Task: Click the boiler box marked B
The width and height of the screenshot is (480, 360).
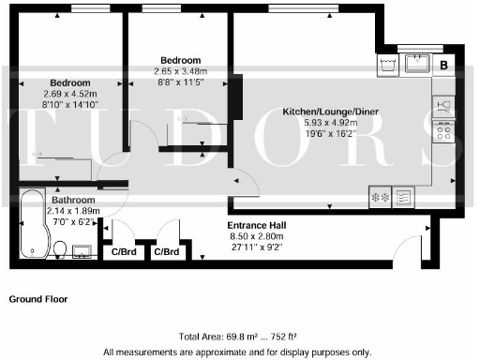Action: tap(444, 65)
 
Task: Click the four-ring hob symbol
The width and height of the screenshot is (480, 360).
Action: tap(443, 130)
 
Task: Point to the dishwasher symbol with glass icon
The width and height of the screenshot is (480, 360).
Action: tap(443, 104)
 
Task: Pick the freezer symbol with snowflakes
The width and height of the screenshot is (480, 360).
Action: tap(382, 197)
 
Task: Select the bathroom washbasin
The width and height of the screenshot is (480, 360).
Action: tap(81, 250)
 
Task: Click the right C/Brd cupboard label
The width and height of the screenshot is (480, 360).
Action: tap(167, 252)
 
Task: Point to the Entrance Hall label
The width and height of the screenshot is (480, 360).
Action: tap(257, 226)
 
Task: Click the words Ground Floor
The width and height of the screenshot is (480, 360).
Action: tap(38, 300)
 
